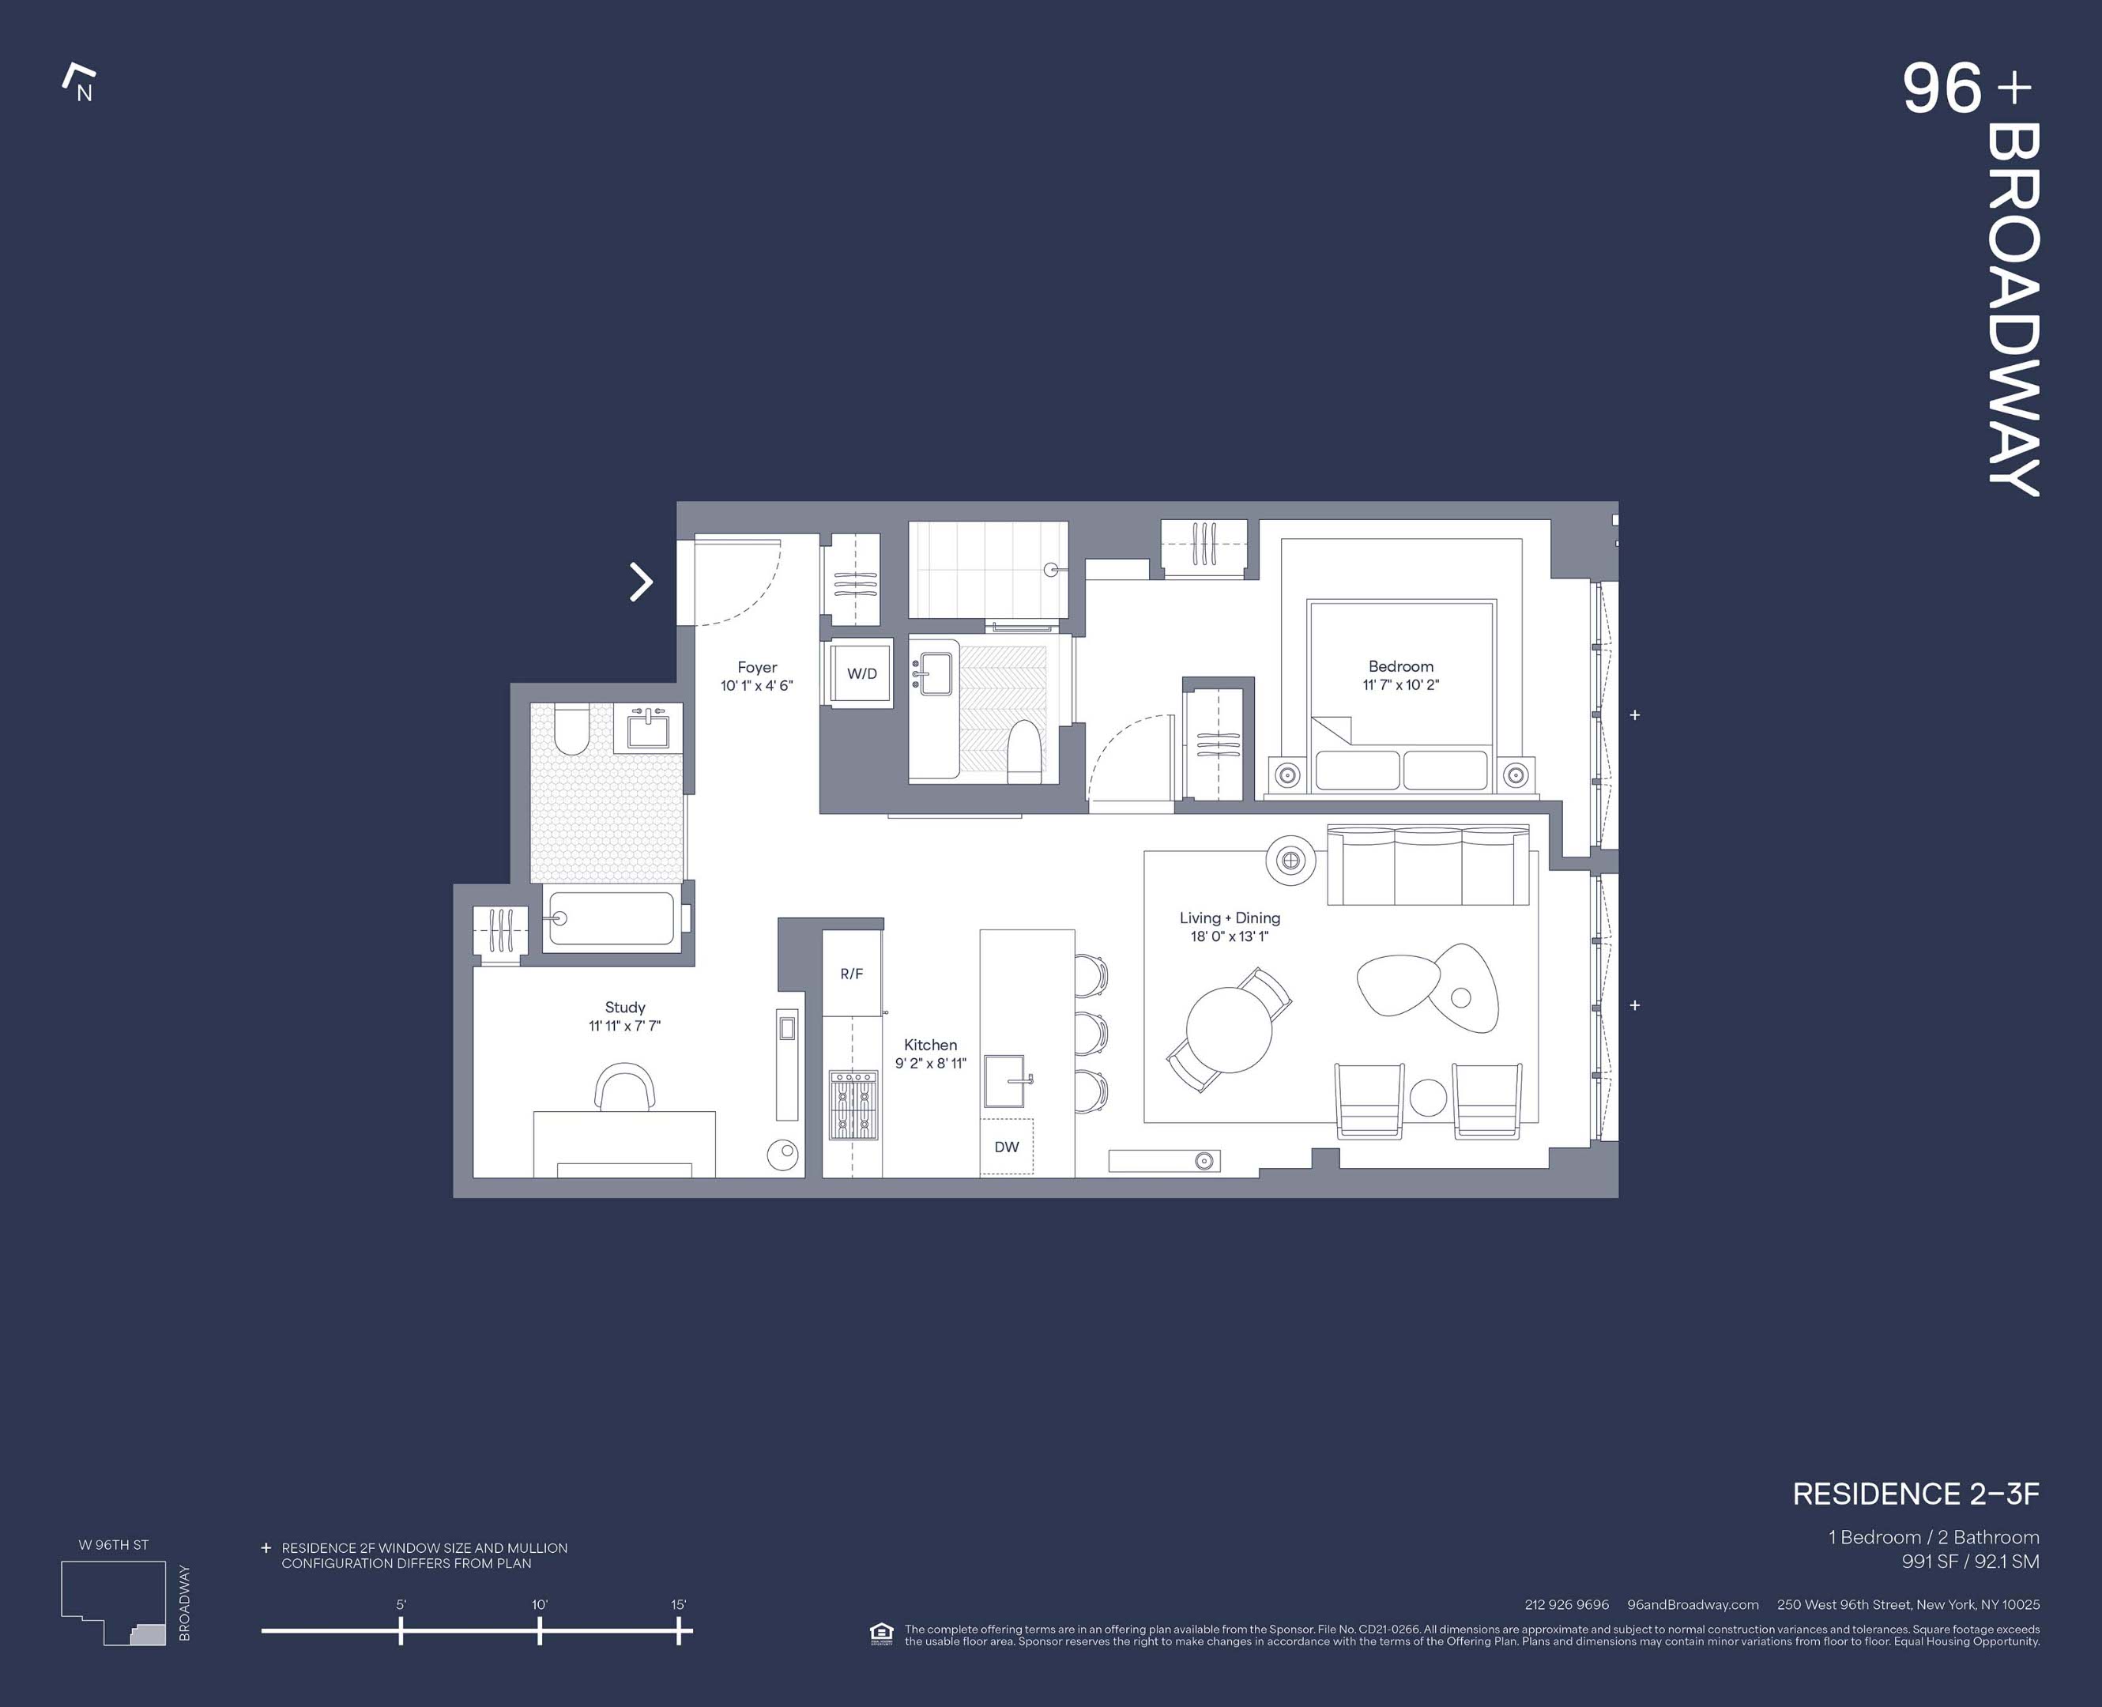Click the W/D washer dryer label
861,673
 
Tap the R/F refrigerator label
851,974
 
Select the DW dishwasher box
1007,1147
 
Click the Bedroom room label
1400,665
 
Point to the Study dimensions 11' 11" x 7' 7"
624,1026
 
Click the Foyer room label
757,667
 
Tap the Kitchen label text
930,1044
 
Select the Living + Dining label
1229,918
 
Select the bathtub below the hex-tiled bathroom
611,918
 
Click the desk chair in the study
625,1087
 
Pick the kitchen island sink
1006,1082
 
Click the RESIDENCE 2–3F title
1916,1494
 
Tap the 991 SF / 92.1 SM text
1970,1561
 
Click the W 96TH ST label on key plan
114,1545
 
